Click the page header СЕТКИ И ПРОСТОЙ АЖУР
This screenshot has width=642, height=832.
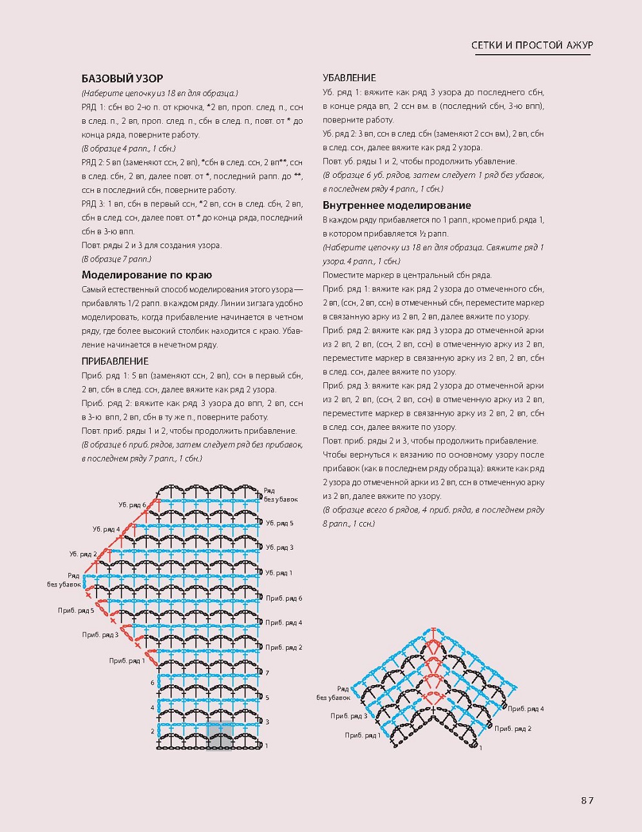tap(532, 45)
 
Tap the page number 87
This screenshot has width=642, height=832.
tap(586, 800)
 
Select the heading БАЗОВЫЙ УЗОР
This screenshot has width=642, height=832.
tap(122, 79)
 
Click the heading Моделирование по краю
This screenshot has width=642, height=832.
tap(146, 275)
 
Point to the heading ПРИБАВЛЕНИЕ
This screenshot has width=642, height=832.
tap(115, 362)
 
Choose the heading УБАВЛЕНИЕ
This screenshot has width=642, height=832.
tap(349, 78)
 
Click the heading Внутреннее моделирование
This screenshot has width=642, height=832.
tap(397, 206)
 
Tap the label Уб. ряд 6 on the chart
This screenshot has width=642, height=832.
tap(132, 505)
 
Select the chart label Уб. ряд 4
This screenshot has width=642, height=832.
tap(106, 529)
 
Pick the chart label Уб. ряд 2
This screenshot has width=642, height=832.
tap(83, 554)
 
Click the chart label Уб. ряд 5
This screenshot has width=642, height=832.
tap(279, 523)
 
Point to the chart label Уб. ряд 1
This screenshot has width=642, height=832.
tap(279, 572)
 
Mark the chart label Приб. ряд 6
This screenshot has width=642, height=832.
tap(284, 598)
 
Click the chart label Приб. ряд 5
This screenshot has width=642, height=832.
tap(76, 610)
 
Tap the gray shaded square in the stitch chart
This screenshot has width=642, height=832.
tap(219, 736)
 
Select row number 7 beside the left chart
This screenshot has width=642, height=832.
tap(267, 673)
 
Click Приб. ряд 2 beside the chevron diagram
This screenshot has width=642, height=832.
tap(513, 728)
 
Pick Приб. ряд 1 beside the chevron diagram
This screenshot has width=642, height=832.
tap(363, 735)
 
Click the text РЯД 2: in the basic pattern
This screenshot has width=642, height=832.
tap(94, 162)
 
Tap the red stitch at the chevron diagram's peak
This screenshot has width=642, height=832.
tap(435, 632)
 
